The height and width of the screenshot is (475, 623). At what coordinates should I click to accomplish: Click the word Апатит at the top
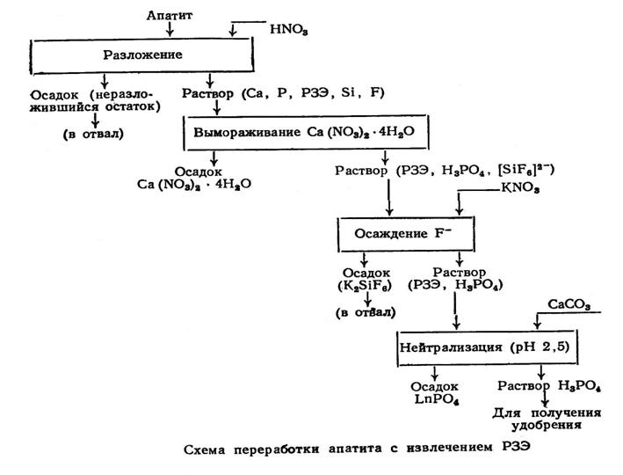coord(170,15)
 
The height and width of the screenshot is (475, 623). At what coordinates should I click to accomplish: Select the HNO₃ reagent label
coord(289,29)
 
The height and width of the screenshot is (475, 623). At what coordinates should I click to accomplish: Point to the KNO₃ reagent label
coord(520,187)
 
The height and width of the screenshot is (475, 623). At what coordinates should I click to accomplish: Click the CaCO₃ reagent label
coord(569,304)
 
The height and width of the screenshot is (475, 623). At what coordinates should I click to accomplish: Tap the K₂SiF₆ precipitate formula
coord(365,286)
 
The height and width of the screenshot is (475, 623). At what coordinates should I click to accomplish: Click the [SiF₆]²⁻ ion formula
coord(525,170)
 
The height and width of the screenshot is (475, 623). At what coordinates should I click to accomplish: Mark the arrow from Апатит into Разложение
coord(170,29)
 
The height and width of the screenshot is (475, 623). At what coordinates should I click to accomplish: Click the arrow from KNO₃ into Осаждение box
coord(459,203)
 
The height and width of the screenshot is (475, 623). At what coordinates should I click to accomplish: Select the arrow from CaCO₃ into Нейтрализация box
coord(537,321)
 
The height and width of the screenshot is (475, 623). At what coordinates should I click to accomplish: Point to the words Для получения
coord(547,413)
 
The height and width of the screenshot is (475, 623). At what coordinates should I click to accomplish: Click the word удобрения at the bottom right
coord(547,426)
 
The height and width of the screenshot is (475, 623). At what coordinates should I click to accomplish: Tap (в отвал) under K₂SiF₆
coord(366,312)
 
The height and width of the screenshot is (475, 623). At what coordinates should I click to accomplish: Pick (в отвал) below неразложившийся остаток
coord(93,134)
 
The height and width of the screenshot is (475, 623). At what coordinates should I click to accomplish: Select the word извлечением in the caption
coord(449,448)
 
